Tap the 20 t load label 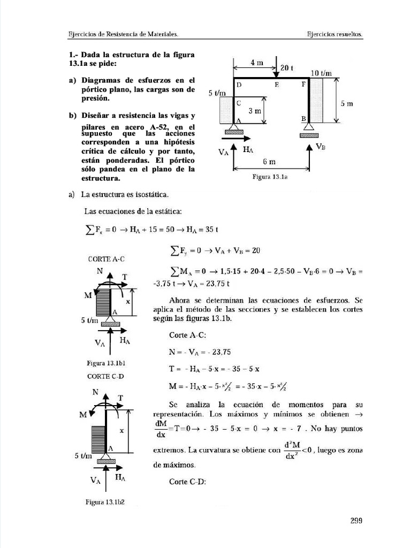(x=287, y=68)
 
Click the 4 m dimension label (x=256, y=63)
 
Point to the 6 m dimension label (x=269, y=161)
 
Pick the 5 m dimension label (x=347, y=104)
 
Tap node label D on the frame (x=239, y=85)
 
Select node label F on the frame (x=304, y=85)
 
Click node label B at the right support (x=303, y=118)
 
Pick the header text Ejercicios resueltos (x=334, y=33)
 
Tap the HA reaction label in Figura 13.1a (x=248, y=150)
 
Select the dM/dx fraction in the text (x=159, y=429)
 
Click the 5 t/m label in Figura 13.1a (x=217, y=93)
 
